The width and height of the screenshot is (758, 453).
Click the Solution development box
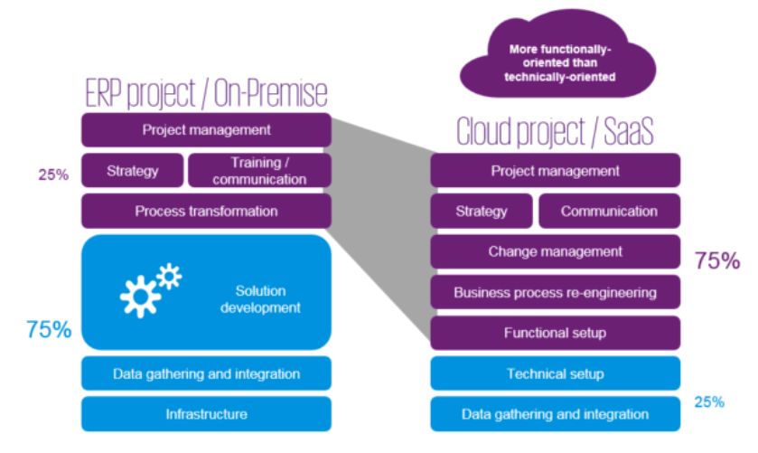(206, 293)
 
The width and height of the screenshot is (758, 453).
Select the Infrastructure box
(206, 414)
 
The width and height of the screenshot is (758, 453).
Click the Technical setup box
(555, 373)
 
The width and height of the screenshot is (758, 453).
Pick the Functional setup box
(555, 333)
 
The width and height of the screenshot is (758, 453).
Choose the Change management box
(555, 251)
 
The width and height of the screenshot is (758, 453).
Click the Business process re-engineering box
(555, 292)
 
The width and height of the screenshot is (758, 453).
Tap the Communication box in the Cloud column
(609, 212)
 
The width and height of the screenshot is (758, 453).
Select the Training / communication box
(258, 170)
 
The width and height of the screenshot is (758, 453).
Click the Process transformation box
(206, 211)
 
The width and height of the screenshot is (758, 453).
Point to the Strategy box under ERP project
(132, 170)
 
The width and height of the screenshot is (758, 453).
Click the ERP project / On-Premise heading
(206, 93)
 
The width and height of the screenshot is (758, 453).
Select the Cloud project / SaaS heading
(555, 134)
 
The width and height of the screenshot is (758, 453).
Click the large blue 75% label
(48, 329)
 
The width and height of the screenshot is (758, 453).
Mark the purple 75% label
(718, 262)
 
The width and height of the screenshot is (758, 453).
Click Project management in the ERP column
(206, 129)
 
